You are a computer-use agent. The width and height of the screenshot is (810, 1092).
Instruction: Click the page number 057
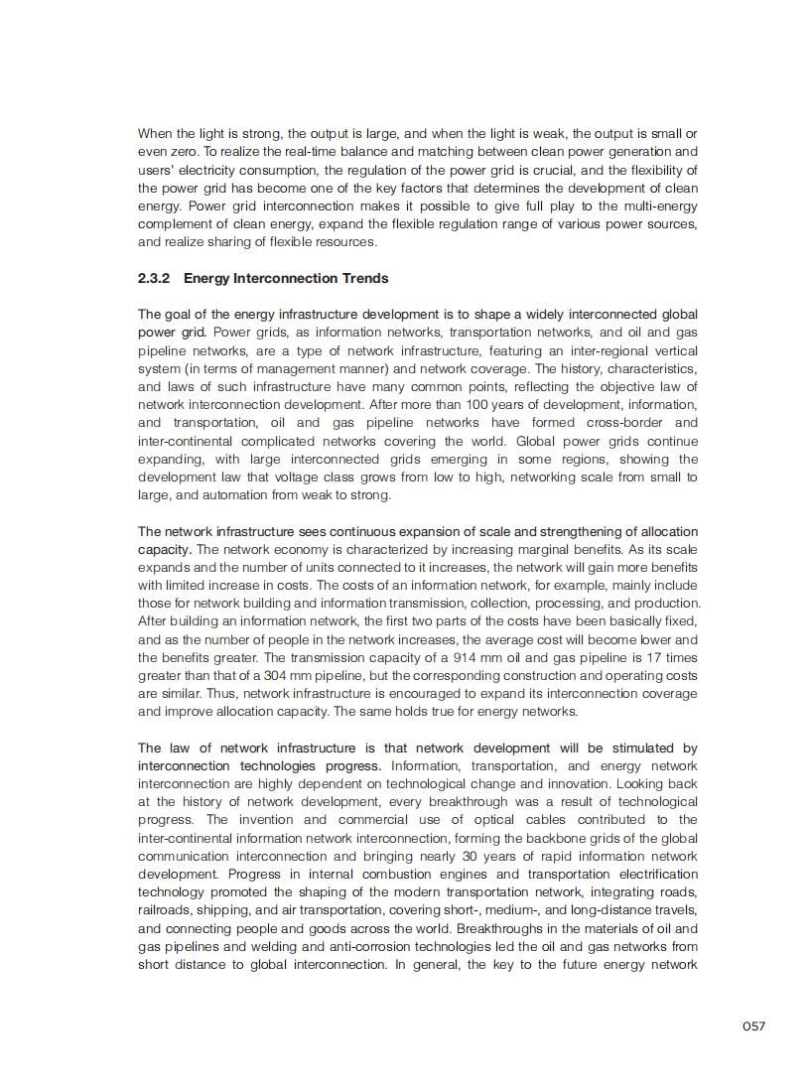753,1026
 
